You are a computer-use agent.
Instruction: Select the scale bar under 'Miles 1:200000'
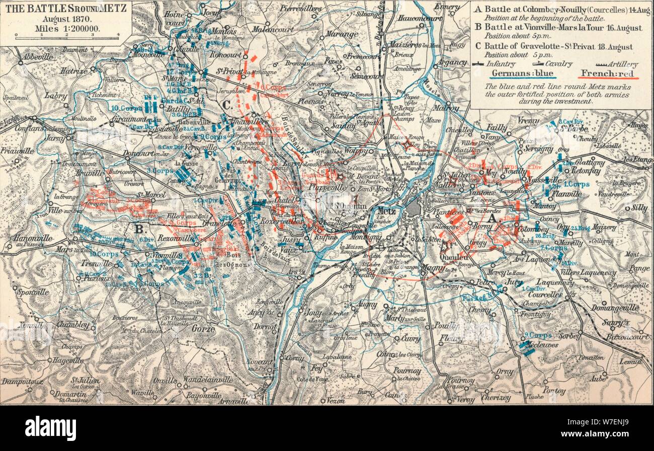pyautogui.click(x=66, y=36)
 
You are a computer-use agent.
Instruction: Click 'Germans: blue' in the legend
pyautogui.click(x=523, y=74)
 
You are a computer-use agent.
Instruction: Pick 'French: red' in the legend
pyautogui.click(x=609, y=74)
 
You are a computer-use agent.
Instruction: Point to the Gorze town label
pyautogui.click(x=203, y=329)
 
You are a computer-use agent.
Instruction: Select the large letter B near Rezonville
pyautogui.click(x=139, y=229)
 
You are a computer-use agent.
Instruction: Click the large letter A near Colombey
pyautogui.click(x=493, y=220)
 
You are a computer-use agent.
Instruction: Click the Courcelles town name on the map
pyautogui.click(x=545, y=295)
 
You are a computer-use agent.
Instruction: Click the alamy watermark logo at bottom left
pyautogui.click(x=50, y=428)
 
